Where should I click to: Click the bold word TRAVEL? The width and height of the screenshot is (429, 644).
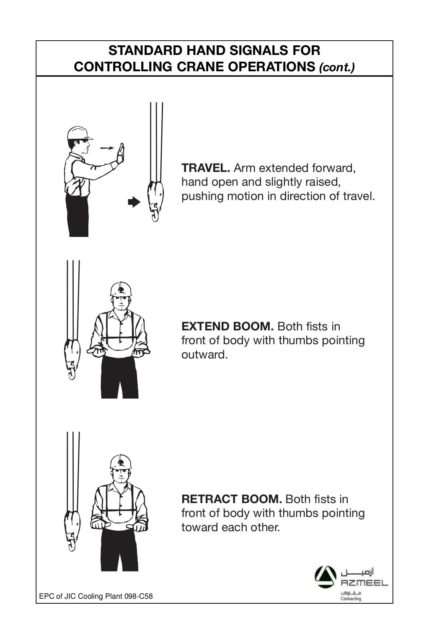(205, 169)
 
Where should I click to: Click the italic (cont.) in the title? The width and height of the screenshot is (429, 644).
(337, 68)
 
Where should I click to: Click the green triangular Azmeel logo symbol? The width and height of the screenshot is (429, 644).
(325, 575)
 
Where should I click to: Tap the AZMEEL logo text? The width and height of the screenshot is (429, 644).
(364, 583)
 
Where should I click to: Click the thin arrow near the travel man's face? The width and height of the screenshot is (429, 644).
(107, 148)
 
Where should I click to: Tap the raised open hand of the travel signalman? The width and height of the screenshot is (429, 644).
(121, 153)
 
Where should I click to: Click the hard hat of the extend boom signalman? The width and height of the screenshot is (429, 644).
(121, 289)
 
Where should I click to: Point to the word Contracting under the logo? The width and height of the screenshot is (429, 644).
(351, 599)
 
